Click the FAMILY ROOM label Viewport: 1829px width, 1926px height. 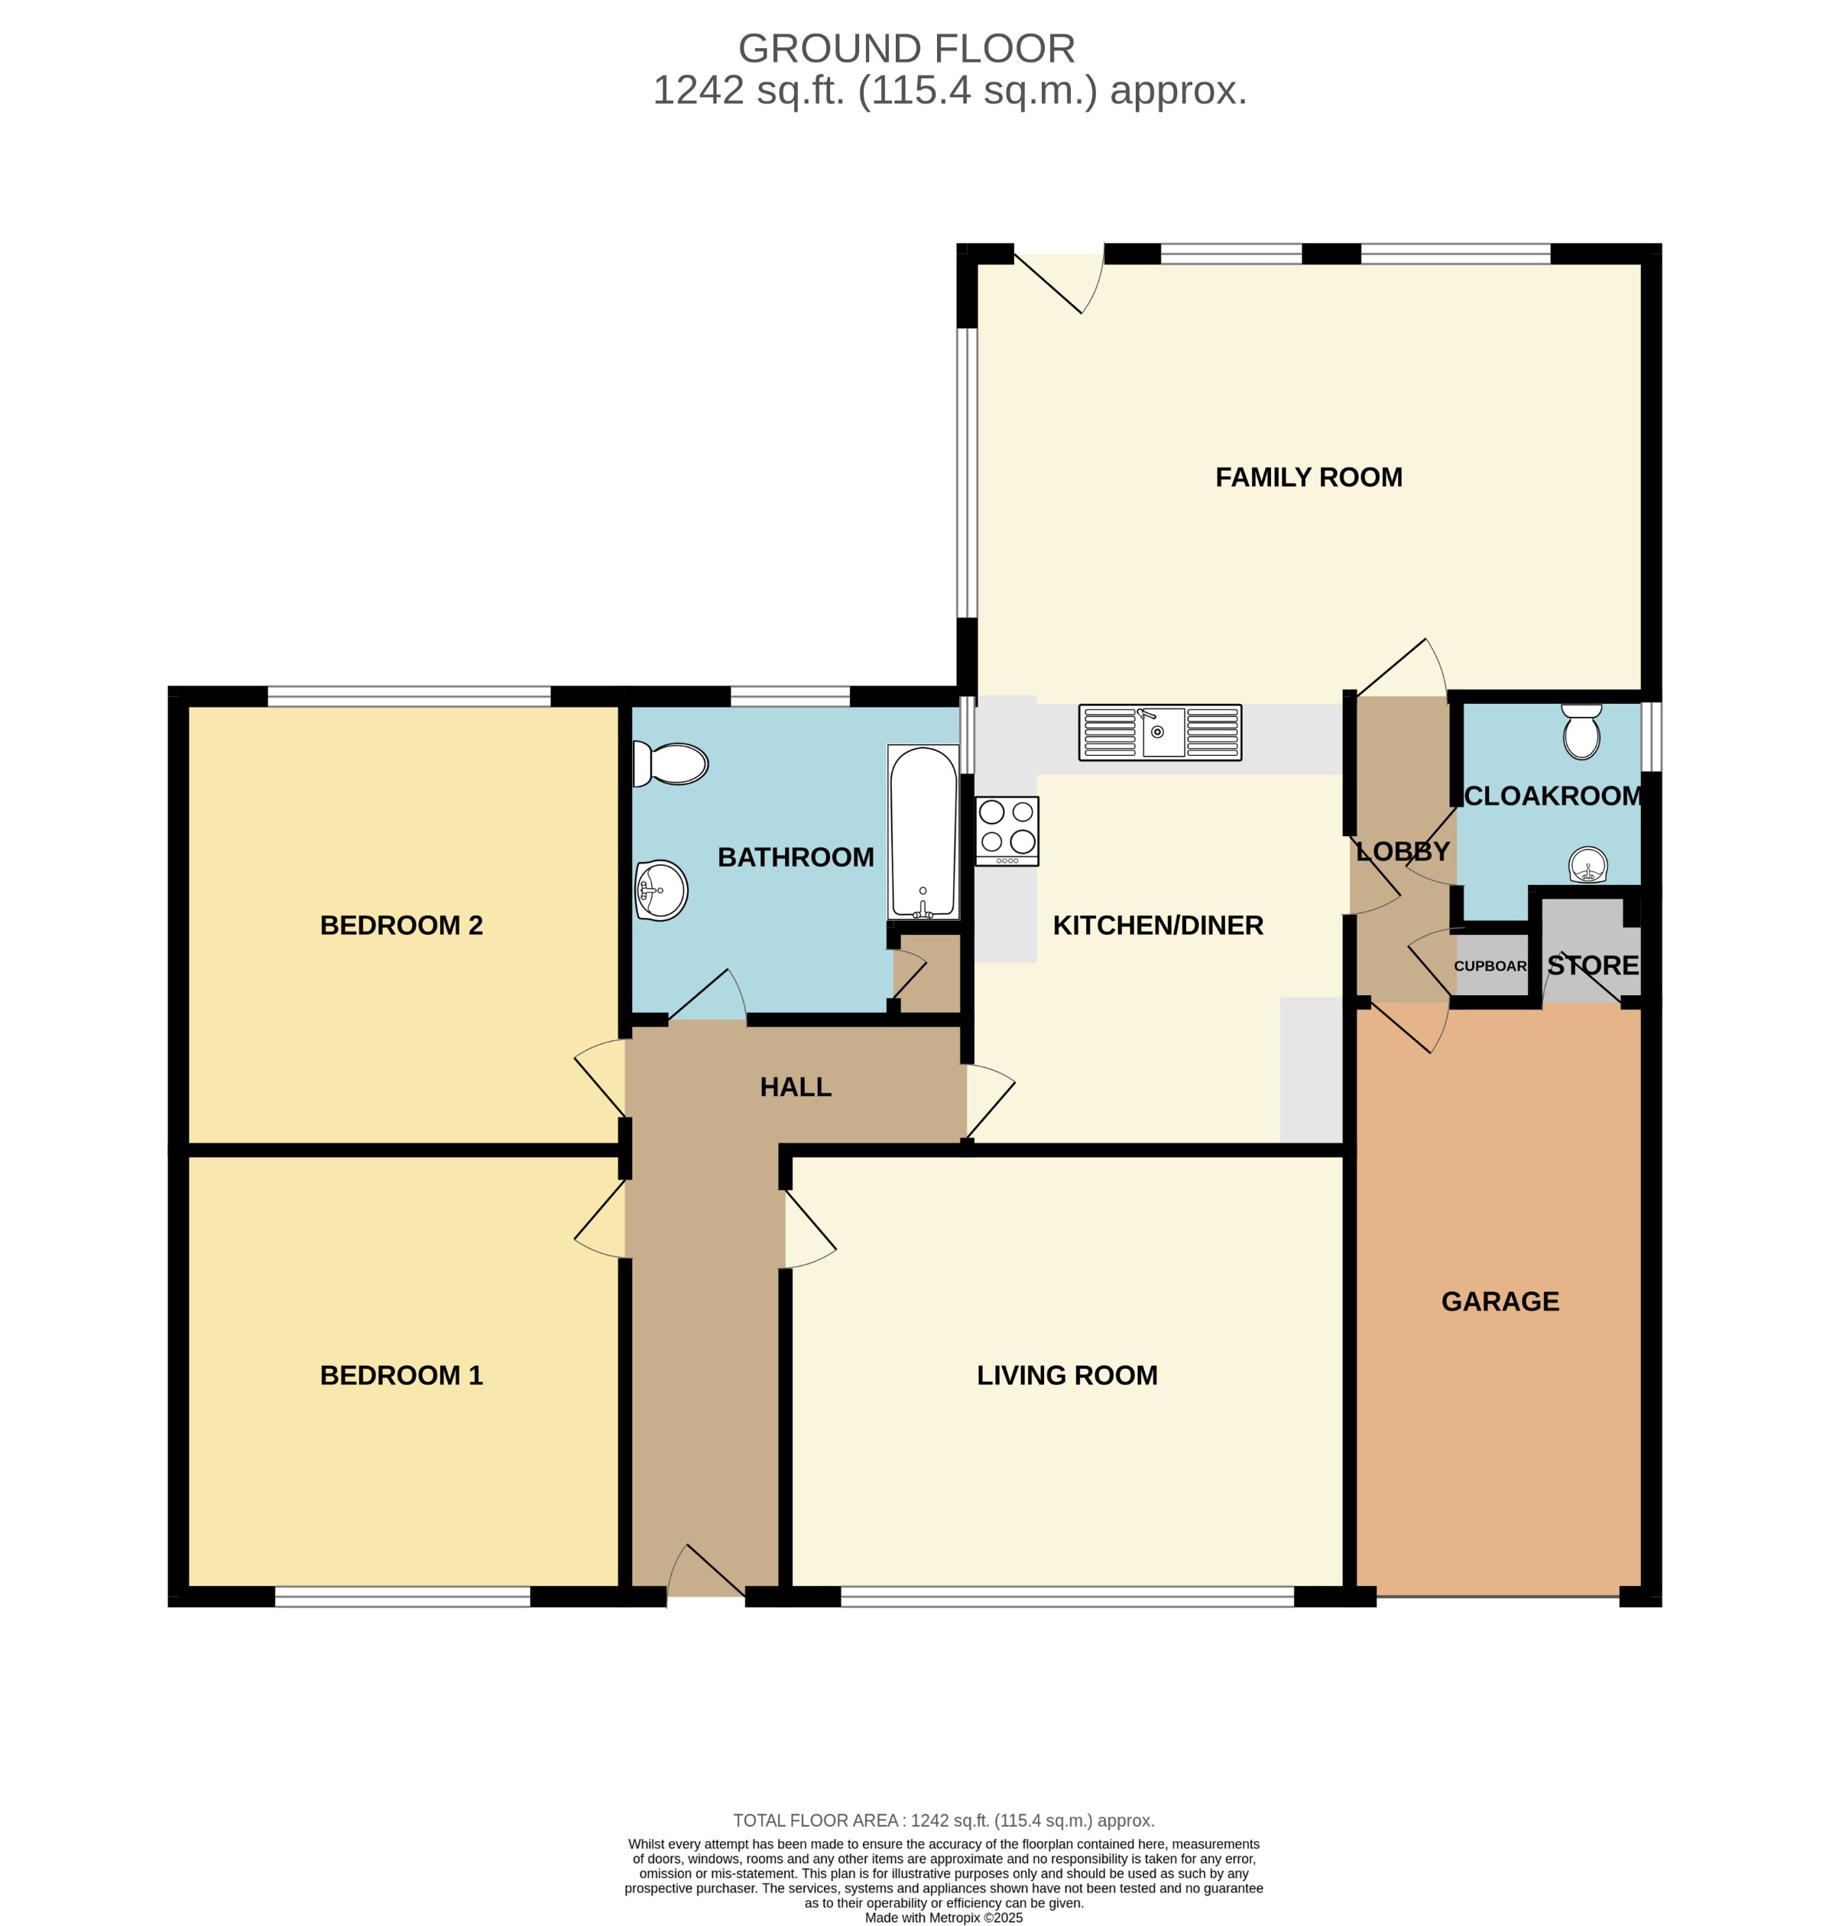tap(1308, 478)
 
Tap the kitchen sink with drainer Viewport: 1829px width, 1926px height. tap(1159, 732)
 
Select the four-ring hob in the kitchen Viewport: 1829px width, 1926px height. tap(1006, 831)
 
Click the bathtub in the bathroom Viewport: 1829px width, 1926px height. tap(923, 832)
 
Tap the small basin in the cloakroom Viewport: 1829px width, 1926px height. tap(1587, 864)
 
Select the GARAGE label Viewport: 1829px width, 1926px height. tap(1500, 1302)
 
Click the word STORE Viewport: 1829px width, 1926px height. tap(1592, 966)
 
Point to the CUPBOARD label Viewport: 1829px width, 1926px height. tap(1490, 966)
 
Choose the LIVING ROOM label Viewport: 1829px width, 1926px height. tap(1066, 1375)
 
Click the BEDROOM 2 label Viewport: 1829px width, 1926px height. tap(400, 925)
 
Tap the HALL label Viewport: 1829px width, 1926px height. tap(795, 1087)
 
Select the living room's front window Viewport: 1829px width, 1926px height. tap(1066, 1597)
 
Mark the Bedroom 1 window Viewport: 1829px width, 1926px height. tap(402, 1597)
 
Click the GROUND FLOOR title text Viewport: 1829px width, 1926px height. tap(906, 49)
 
